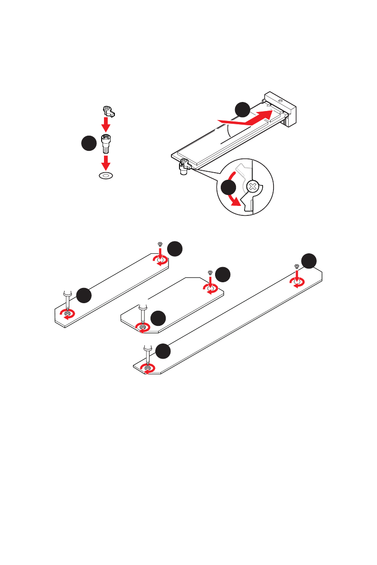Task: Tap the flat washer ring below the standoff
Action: click(106, 176)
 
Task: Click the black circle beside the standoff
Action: click(88, 144)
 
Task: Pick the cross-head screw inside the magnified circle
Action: click(254, 186)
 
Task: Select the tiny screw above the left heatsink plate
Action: click(160, 245)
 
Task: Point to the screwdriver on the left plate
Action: click(67, 299)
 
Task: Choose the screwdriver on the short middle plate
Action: click(141, 314)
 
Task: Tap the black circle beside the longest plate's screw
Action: click(310, 260)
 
